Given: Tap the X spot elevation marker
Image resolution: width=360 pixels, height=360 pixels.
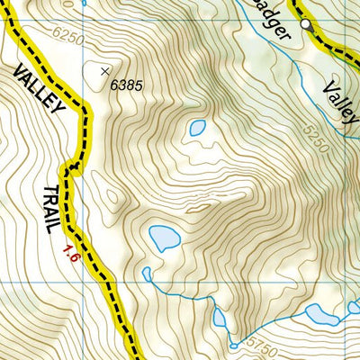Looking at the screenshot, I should click(105, 70).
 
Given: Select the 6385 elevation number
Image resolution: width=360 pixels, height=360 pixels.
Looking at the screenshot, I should click(128, 85).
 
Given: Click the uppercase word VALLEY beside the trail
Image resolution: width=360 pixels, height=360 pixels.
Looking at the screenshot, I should click(41, 91).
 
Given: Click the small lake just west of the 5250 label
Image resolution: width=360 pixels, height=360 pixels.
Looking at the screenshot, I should click(197, 129).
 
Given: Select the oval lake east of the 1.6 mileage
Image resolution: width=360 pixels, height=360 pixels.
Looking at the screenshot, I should click(164, 238).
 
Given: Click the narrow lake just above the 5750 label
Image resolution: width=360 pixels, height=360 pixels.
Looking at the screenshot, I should click(220, 317).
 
